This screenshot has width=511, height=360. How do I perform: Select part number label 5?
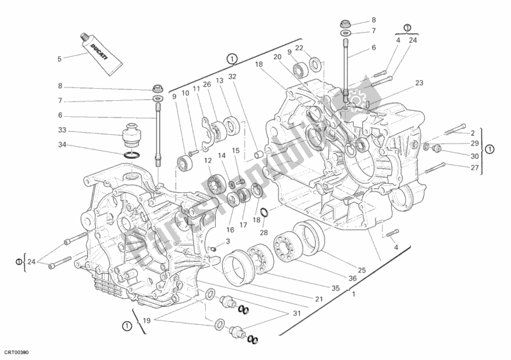click(59, 59)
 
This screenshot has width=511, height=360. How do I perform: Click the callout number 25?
click(362, 271)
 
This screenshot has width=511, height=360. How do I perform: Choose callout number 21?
click(317, 299)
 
